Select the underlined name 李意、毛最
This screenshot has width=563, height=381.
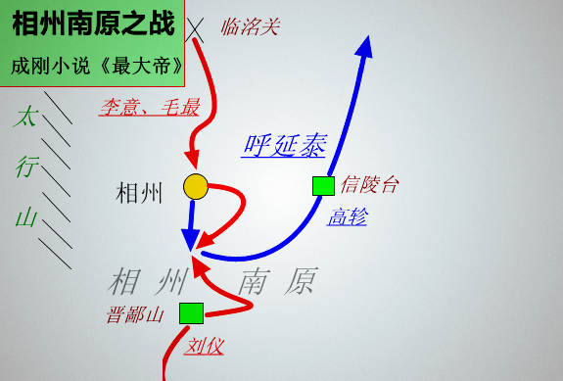coord(148,107)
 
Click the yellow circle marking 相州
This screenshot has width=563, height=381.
coord(196,186)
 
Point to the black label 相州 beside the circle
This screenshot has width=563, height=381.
coord(139,192)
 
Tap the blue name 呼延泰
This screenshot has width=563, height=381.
coord(284,146)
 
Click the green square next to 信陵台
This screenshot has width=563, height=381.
coord(323,185)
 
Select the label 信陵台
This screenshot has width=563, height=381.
coord(370,185)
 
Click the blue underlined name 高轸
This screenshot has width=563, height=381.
coord(347,217)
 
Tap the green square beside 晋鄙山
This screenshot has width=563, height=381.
coord(191,313)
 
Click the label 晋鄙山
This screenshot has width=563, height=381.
coord(134,314)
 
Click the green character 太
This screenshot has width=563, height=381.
coord(25,119)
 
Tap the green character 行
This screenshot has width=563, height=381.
coord(25,167)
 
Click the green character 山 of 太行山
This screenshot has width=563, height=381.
coord(25,216)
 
